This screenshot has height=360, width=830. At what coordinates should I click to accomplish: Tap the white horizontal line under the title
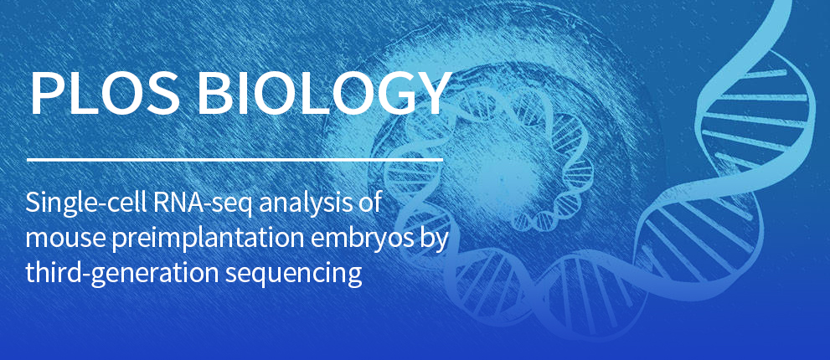tap(235, 159)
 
